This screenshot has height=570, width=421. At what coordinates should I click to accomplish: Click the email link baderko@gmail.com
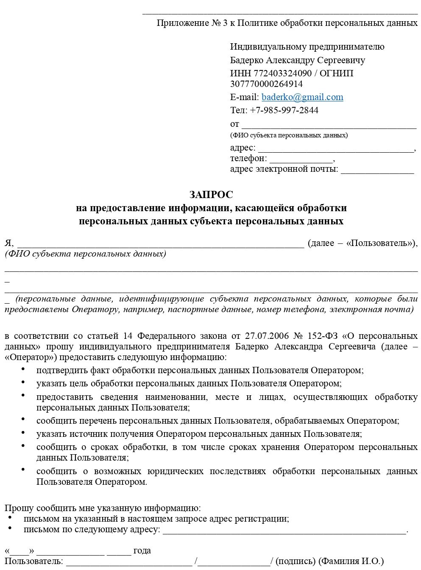(x=302, y=97)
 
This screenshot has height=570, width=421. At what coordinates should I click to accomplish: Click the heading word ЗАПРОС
(x=211, y=195)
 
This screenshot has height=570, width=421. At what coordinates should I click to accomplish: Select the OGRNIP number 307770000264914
(x=266, y=84)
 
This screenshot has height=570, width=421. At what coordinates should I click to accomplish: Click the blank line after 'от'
(x=329, y=125)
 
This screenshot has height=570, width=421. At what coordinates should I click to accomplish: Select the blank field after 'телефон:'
(x=301, y=159)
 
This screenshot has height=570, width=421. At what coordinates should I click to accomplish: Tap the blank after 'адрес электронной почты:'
(x=377, y=170)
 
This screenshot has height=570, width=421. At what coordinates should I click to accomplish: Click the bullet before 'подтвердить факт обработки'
(x=22, y=369)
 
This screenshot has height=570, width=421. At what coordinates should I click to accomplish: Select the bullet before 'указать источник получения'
(x=22, y=433)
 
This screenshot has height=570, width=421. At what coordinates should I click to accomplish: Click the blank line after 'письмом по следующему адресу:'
(x=284, y=530)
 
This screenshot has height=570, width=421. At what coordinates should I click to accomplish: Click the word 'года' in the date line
(x=142, y=551)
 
